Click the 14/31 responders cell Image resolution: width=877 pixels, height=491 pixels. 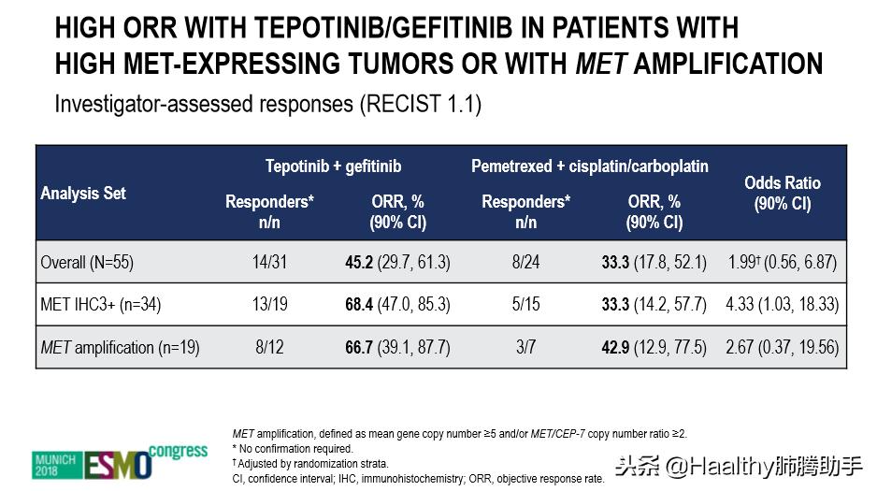click(x=269, y=263)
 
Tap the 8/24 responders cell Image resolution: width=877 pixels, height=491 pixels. click(x=525, y=263)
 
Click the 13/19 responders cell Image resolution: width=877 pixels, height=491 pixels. click(x=269, y=305)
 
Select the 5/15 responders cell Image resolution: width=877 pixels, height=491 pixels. click(x=525, y=305)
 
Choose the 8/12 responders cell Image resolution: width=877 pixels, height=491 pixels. click(x=269, y=347)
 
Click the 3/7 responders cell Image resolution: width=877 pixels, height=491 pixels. click(x=525, y=347)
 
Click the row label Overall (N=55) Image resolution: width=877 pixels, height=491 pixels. click(x=87, y=263)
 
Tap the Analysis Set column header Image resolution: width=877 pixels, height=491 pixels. click(x=83, y=194)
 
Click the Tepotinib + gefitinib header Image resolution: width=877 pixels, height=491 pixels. click(x=333, y=166)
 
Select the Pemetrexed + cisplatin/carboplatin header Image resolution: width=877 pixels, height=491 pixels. click(x=589, y=166)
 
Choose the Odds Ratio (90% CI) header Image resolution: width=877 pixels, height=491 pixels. click(x=783, y=193)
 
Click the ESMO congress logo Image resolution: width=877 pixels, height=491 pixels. click(x=119, y=460)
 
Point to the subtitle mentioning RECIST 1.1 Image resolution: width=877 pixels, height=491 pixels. click(x=267, y=103)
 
